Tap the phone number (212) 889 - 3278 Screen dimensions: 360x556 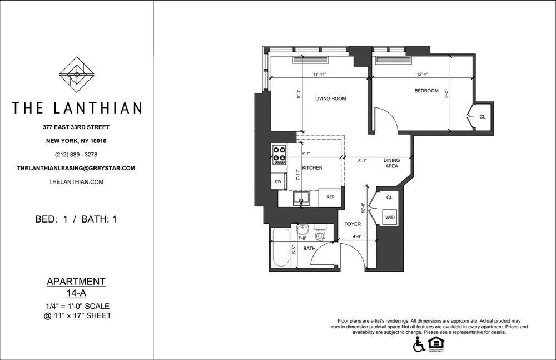(77, 154)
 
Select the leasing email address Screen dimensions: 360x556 (77, 168)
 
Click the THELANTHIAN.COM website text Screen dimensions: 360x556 (77, 182)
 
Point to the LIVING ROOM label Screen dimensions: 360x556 (330, 99)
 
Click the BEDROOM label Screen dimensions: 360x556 (426, 91)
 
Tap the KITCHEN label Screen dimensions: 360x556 (312, 167)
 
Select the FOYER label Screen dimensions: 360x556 (353, 224)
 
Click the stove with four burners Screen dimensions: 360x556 (279, 154)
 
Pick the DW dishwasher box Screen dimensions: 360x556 (278, 181)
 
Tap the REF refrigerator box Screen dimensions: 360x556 (330, 197)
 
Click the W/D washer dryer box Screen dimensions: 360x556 (391, 217)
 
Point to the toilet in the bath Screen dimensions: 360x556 (320, 234)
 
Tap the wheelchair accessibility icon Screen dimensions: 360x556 (419, 346)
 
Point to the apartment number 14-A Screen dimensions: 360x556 (77, 293)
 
